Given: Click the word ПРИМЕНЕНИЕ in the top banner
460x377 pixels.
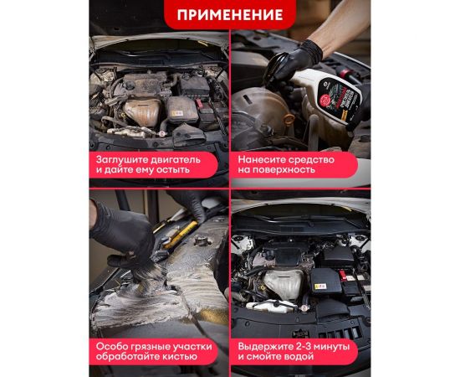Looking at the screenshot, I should [229, 15].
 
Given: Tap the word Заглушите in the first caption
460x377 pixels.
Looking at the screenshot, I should [125, 157].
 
